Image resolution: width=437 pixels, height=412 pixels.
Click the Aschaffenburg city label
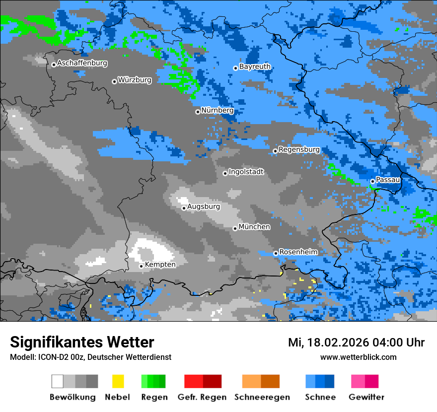(82, 63)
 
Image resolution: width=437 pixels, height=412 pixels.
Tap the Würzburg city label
(135, 79)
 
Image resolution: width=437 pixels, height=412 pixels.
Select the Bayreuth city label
(255, 67)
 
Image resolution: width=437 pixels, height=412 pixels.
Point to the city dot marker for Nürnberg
(198, 112)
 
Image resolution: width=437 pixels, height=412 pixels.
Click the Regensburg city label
(299, 149)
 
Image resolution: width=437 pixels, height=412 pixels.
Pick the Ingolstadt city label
(246, 172)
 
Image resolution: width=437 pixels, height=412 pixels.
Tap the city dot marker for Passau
(372, 182)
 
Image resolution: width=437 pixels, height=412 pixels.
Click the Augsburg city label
(204, 206)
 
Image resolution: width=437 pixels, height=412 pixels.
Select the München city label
(254, 227)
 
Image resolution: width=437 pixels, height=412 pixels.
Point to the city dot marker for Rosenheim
(276, 253)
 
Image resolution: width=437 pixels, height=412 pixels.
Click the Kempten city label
(160, 265)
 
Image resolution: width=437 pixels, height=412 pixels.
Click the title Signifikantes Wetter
(82, 343)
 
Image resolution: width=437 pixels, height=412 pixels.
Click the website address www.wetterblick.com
(358, 357)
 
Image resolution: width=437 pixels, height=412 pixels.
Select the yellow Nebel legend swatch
(118, 381)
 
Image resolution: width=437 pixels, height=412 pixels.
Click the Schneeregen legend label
(262, 397)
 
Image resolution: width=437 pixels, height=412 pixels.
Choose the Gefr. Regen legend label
(202, 397)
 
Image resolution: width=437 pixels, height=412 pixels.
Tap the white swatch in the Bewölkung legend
(58, 381)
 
